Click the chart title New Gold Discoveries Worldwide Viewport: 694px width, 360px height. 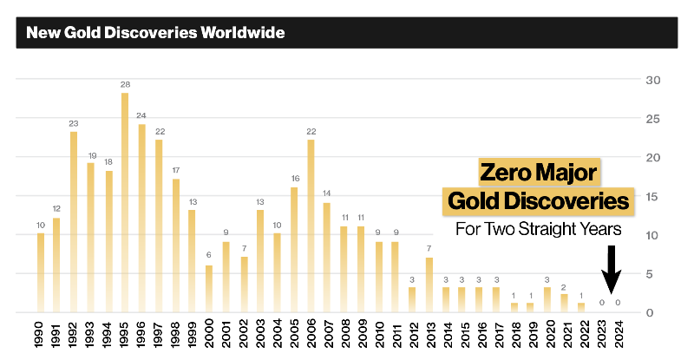pyautogui.click(x=156, y=34)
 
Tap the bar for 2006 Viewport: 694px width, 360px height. pyautogui.click(x=311, y=226)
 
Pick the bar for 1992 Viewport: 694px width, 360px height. pyautogui.click(x=74, y=222)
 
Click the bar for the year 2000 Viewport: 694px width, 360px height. pyautogui.click(x=209, y=288)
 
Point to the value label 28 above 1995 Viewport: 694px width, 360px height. pyautogui.click(x=125, y=84)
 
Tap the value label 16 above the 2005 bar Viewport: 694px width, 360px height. pyautogui.click(x=294, y=178)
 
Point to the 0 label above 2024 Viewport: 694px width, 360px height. pyautogui.click(x=618, y=302)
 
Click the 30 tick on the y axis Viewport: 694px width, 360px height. pyautogui.click(x=651, y=80)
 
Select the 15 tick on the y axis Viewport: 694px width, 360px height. pyautogui.click(x=651, y=196)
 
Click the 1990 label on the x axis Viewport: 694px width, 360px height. pyautogui.click(x=41, y=333)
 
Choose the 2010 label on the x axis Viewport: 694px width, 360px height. pyautogui.click(x=378, y=333)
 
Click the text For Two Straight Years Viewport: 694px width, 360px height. pyautogui.click(x=538, y=230)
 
